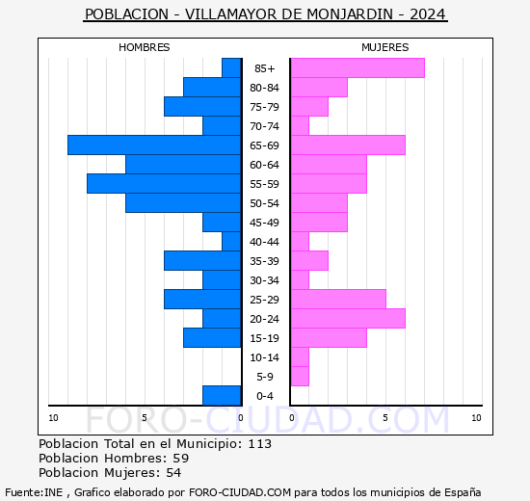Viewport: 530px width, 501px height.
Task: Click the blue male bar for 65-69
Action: (154, 145)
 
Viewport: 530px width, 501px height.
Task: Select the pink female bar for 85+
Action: (357, 67)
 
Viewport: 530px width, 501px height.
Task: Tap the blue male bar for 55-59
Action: (164, 183)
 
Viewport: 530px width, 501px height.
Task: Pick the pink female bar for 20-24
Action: (347, 318)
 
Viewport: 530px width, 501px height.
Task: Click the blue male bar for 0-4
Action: (222, 395)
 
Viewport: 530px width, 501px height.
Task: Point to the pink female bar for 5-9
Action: (299, 376)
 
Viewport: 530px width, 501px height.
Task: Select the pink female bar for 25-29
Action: (337, 299)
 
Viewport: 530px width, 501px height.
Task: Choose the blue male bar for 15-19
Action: (212, 337)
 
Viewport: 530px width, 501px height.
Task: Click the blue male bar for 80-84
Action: (212, 87)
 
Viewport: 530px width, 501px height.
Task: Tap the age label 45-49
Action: (265, 223)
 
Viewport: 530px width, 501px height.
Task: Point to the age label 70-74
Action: (265, 126)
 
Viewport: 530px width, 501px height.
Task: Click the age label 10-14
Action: (265, 357)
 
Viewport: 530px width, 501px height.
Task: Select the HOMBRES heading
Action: (144, 47)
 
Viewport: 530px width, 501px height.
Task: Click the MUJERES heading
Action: (384, 47)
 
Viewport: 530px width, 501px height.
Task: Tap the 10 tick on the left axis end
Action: (53, 417)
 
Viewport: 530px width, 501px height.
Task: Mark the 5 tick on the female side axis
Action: (384, 417)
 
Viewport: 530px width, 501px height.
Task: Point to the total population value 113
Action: (259, 444)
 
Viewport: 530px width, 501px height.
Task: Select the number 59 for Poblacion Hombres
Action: (180, 459)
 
